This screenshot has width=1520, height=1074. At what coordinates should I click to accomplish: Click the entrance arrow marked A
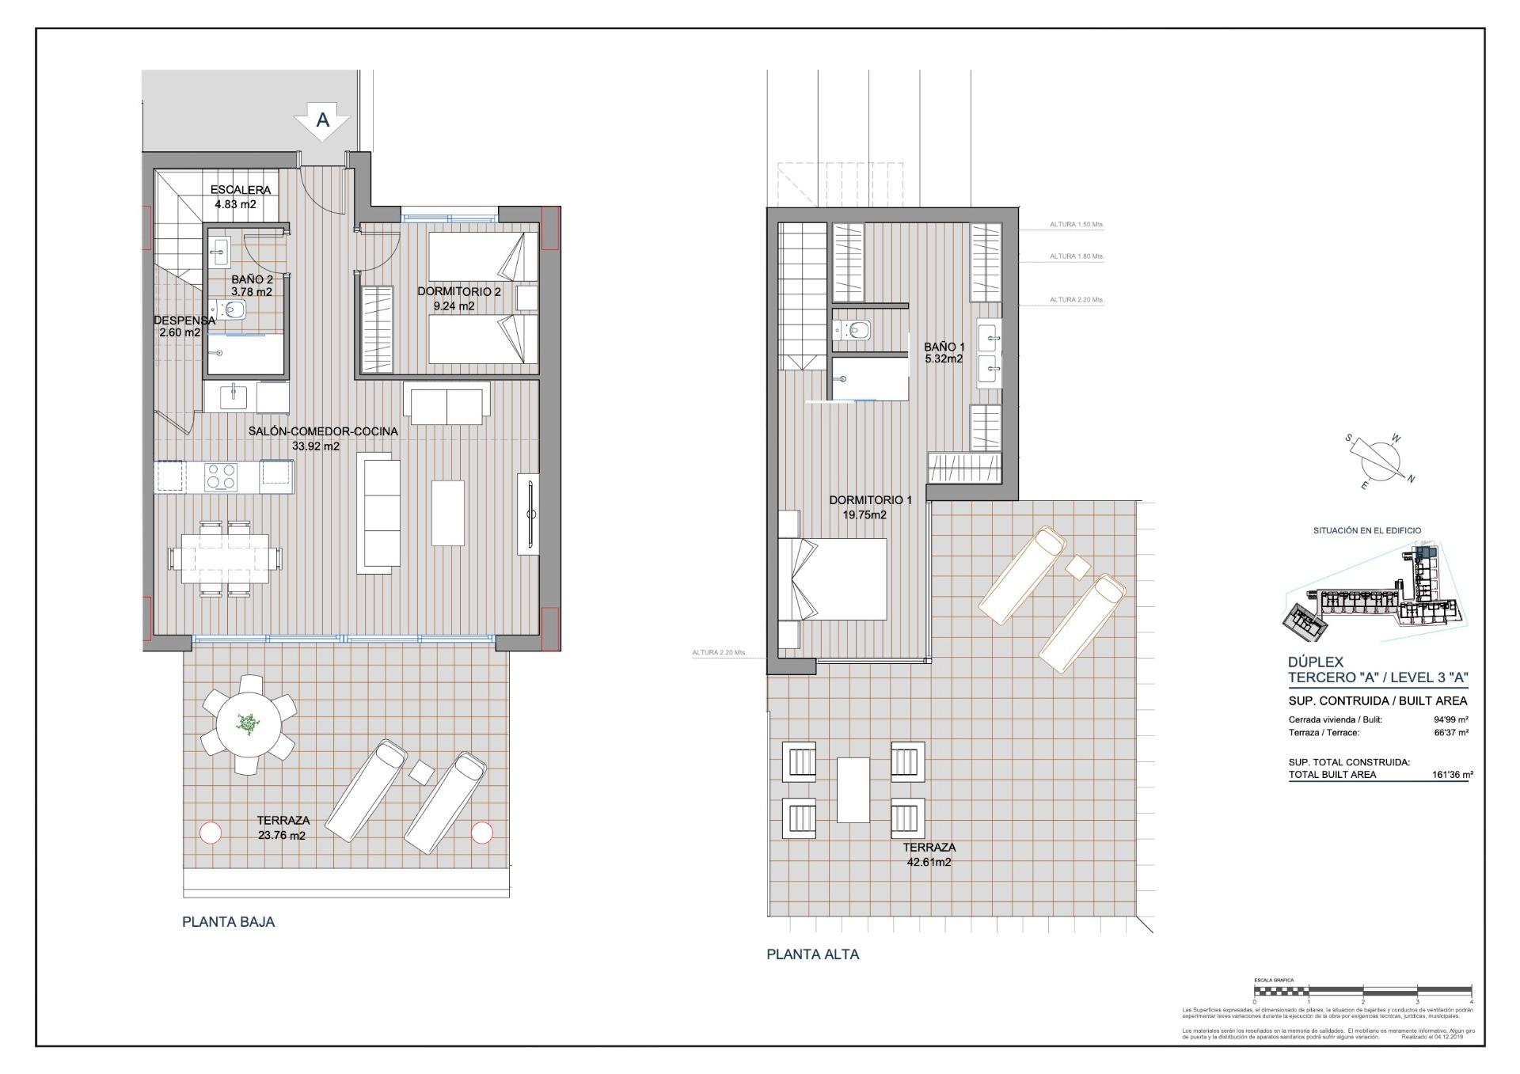tap(322, 122)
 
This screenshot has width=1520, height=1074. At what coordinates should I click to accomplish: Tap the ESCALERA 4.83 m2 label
tap(239, 197)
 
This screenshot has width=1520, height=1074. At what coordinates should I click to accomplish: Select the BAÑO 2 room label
tap(252, 286)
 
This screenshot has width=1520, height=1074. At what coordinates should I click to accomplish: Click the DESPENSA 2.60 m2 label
tap(183, 326)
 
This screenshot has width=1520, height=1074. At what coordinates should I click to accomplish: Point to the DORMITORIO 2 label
tap(458, 298)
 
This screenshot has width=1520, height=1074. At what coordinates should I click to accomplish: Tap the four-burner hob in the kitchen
tap(221, 476)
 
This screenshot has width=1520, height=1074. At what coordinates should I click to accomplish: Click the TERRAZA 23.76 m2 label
tap(283, 828)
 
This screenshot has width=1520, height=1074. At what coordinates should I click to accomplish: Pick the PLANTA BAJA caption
tap(228, 922)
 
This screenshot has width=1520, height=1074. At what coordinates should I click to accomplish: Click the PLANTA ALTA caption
tap(812, 954)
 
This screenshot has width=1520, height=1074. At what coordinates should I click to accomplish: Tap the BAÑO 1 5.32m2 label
tap(944, 352)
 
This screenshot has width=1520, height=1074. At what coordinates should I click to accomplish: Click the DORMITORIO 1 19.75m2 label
tap(870, 507)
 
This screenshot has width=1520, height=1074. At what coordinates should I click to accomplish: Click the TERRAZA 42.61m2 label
tap(929, 854)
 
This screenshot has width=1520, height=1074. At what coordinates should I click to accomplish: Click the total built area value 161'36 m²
tap(1452, 775)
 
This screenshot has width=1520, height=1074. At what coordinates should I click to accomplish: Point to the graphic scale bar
tap(1362, 989)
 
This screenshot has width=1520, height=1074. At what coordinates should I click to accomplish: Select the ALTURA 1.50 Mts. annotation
tap(1076, 225)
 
